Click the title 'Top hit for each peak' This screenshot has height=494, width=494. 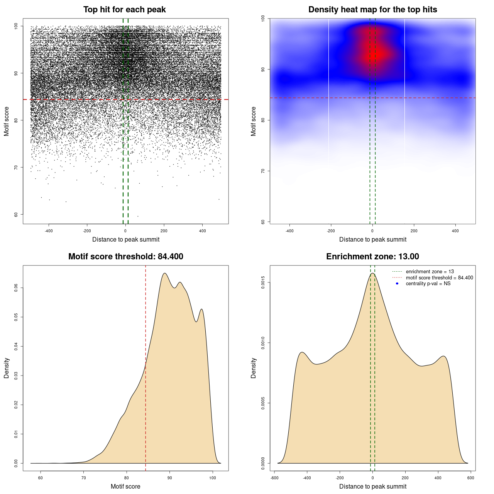(x=124, y=10)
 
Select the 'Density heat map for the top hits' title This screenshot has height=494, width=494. (x=372, y=10)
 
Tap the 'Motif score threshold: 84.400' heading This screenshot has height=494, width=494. (x=125, y=257)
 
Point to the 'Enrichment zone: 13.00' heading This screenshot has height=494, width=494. (x=372, y=257)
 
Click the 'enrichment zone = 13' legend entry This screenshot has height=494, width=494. (x=430, y=272)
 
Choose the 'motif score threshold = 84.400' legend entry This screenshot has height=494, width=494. (x=439, y=278)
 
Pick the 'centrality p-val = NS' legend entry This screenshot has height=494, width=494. (x=428, y=284)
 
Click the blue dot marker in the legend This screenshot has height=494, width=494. (x=397, y=284)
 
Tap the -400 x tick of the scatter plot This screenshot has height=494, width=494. (x=49, y=231)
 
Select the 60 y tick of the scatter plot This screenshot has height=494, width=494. (x=16, y=215)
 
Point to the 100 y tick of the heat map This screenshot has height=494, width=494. (x=263, y=19)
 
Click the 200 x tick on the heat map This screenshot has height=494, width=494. (x=414, y=231)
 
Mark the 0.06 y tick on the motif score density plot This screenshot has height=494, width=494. (x=16, y=288)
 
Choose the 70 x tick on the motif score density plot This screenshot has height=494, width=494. (x=84, y=478)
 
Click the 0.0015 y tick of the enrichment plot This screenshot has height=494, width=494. (x=263, y=283)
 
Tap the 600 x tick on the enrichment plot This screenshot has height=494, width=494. (x=470, y=478)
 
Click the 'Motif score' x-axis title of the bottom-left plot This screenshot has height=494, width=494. (x=125, y=486)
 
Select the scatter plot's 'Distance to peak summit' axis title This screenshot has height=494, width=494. (x=126, y=239)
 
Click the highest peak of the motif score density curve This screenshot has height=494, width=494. (x=165, y=273)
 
